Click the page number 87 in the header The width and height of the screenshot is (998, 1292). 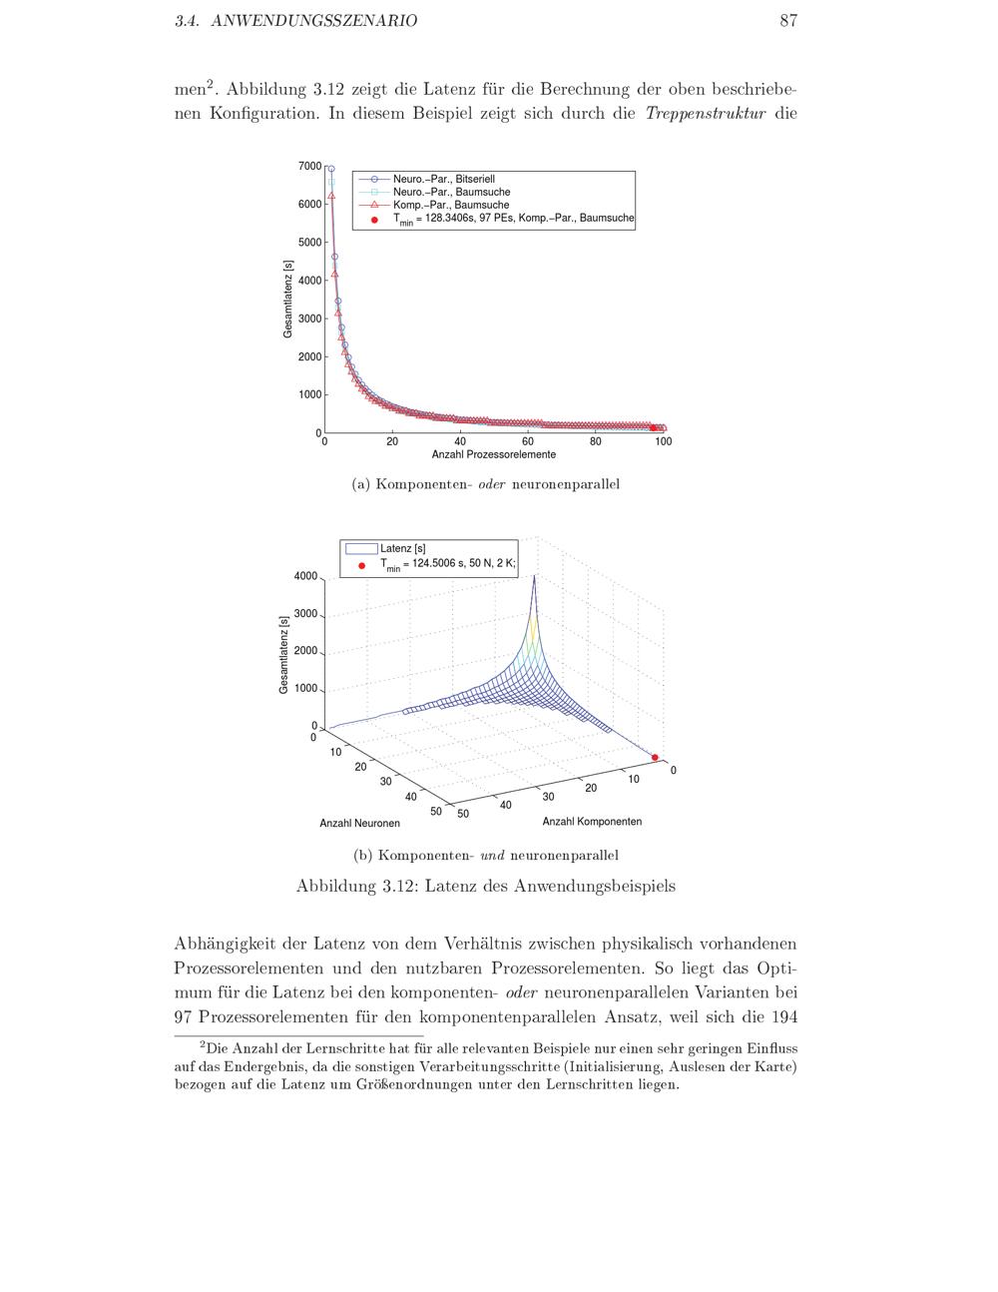tap(787, 21)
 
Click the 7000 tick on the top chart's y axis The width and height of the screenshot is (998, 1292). tap(310, 167)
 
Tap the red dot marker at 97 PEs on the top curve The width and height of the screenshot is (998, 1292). tap(654, 428)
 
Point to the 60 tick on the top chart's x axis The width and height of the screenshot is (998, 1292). tap(528, 441)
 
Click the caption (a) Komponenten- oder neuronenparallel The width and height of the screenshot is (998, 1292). tap(485, 484)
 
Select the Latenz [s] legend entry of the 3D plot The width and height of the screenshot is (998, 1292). tap(402, 548)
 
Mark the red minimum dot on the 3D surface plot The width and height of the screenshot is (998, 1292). tap(656, 757)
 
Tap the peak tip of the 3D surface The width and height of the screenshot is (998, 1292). tap(534, 577)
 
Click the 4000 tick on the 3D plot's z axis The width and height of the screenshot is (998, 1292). tap(305, 577)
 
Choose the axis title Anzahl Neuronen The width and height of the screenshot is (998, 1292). tap(359, 824)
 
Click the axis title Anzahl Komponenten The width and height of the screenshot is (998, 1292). tap(592, 822)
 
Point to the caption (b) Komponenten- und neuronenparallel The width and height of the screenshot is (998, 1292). tap(485, 856)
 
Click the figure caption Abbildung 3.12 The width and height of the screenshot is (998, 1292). tap(485, 887)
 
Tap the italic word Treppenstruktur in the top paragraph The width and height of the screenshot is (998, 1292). tap(705, 113)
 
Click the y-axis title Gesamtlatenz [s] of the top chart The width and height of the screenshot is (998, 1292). tap(287, 299)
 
